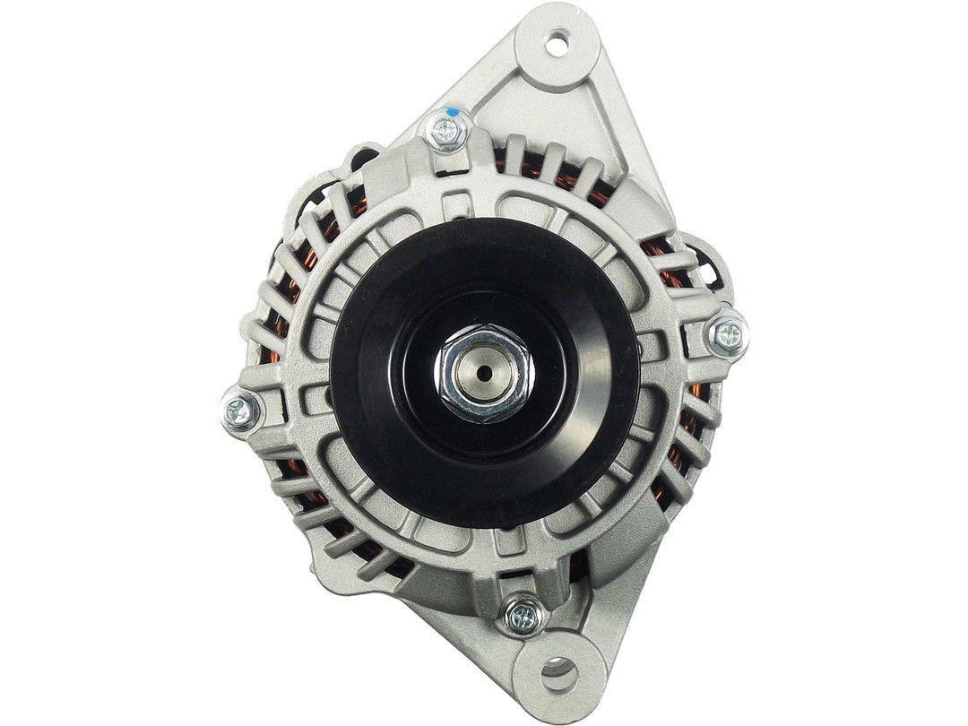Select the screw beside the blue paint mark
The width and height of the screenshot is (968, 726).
tap(445, 132)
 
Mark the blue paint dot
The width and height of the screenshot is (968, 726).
tap(454, 112)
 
